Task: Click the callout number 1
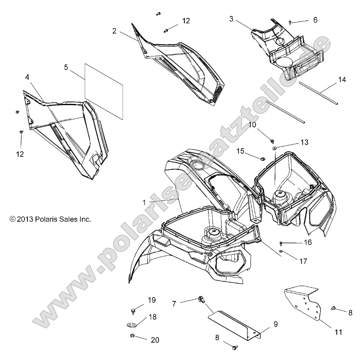[144, 202]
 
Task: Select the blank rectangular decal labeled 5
[104, 90]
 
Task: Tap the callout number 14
[342, 80]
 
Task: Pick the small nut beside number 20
[131, 336]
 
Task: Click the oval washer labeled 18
[131, 325]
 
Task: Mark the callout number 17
[304, 261]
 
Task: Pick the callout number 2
[114, 31]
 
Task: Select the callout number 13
[304, 142]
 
